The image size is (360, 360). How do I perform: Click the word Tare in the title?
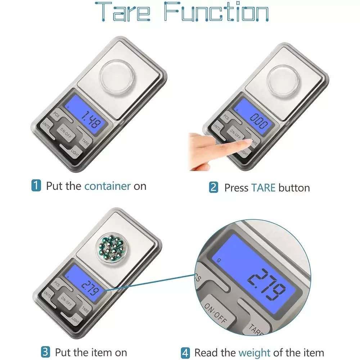(123, 12)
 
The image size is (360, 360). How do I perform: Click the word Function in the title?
(216, 12)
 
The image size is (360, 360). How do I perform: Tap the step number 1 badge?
(36, 185)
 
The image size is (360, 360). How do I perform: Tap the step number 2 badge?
(213, 187)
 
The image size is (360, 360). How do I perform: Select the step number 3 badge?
(45, 352)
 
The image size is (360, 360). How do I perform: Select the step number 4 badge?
(185, 353)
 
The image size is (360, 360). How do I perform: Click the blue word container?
(107, 186)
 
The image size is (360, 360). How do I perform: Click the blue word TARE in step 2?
(264, 188)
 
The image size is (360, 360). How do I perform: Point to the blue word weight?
(255, 353)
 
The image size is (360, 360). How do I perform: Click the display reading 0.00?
(259, 121)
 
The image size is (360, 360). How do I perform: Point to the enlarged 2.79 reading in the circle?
(266, 284)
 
